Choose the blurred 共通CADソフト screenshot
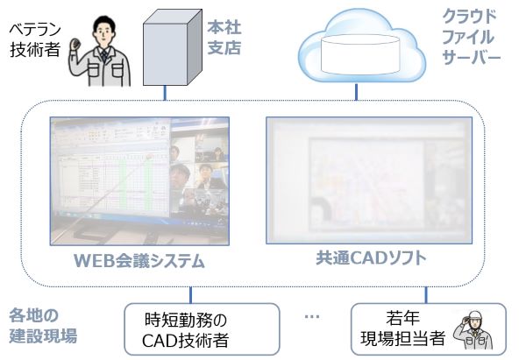[x=376, y=180]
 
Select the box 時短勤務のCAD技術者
[x=202, y=328]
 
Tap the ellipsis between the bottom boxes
[x=311, y=316]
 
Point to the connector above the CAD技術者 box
[x=190, y=294]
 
